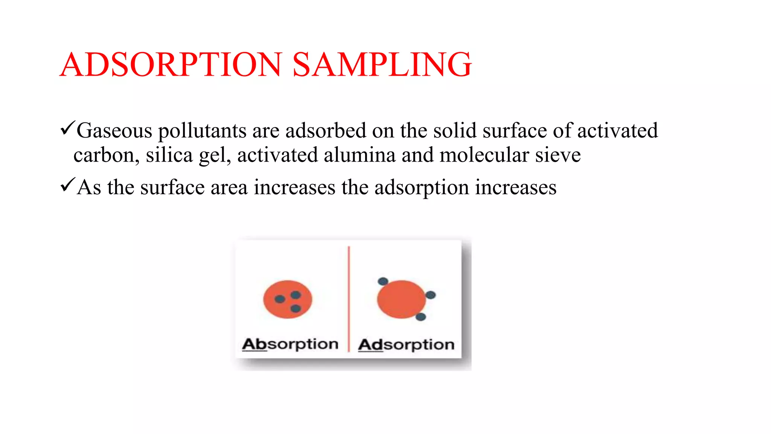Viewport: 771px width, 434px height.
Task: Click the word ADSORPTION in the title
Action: coord(171,64)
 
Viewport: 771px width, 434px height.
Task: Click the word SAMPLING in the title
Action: coord(382,64)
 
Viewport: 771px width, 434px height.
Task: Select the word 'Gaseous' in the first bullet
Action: coord(114,131)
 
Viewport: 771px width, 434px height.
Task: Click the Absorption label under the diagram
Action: coord(290,344)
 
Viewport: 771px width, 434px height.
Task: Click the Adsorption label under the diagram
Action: coord(406,345)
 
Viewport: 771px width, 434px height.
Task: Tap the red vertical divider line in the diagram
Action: coord(349,298)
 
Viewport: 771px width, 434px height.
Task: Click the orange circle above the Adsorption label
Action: coord(401,299)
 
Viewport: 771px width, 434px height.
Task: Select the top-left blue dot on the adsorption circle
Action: coord(383,281)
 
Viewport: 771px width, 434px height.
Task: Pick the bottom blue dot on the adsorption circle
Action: coord(421,317)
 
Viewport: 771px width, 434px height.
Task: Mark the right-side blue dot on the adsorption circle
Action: coord(430,295)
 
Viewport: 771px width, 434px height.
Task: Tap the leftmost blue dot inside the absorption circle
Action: coord(280,299)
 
